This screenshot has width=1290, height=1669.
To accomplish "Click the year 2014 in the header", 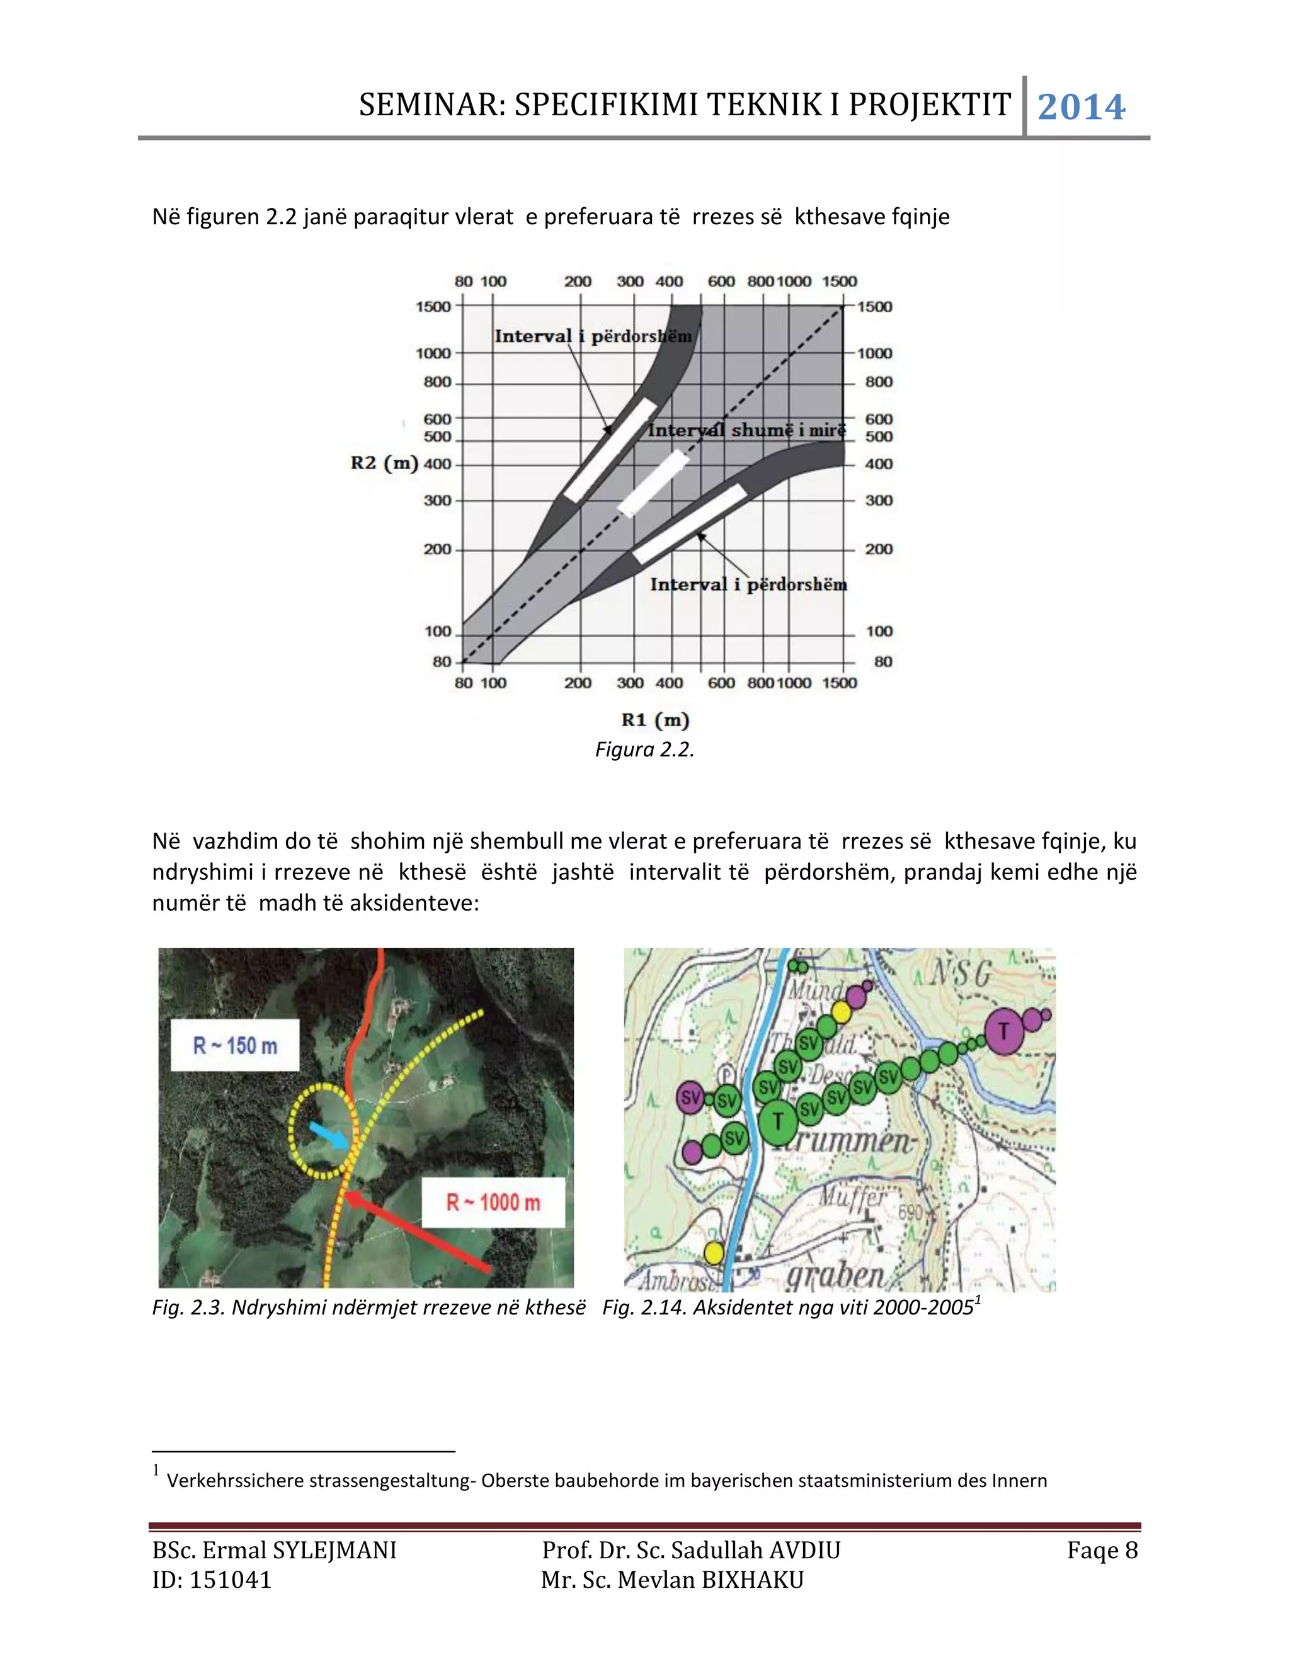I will (1081, 107).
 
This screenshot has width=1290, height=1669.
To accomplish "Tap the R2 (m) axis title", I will (384, 463).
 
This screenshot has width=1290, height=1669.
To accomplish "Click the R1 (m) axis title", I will (655, 720).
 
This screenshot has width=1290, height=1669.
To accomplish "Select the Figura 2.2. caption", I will (644, 749).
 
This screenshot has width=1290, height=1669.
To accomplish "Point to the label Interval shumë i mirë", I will (746, 430).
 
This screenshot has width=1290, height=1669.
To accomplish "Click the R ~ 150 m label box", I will (234, 1045).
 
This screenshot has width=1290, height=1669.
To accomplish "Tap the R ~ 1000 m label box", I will (493, 1202).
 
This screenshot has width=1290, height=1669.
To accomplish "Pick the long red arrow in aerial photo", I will (416, 1232).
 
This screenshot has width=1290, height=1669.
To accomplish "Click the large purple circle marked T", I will (1004, 1031).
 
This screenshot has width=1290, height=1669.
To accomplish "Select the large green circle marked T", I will (778, 1122).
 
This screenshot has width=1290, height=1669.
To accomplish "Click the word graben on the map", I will (835, 1274).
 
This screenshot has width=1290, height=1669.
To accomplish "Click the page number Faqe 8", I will (1102, 1551).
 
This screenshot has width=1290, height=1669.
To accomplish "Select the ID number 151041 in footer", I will (230, 1580).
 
